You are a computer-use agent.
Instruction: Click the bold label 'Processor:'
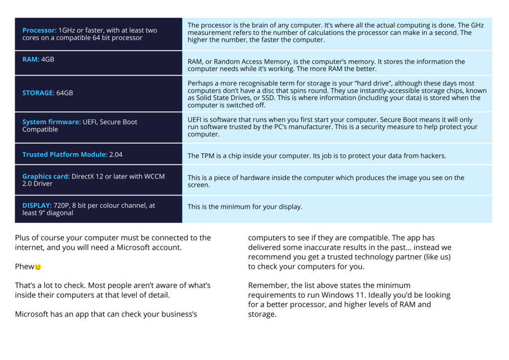(40, 30)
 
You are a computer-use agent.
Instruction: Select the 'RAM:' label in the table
(31, 59)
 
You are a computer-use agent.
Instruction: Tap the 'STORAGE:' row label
(38, 93)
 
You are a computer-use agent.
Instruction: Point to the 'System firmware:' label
(51, 122)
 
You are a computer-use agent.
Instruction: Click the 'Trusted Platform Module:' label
(65, 155)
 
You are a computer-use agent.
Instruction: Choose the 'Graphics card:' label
(46, 177)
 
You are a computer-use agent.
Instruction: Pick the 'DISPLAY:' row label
(37, 205)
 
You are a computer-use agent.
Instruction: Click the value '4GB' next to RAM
(48, 59)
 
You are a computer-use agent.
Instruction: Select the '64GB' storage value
(65, 93)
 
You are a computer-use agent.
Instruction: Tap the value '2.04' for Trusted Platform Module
(116, 155)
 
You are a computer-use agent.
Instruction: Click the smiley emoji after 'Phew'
(38, 267)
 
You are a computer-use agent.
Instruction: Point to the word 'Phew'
(24, 267)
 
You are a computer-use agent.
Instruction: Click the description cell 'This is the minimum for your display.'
(245, 207)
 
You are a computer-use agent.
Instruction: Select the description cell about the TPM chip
(317, 156)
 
